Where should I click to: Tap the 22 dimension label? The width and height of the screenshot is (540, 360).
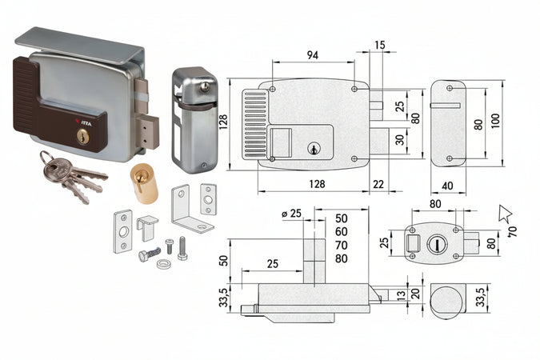[x=378, y=185]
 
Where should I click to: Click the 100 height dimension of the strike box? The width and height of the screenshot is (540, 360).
[x=497, y=119]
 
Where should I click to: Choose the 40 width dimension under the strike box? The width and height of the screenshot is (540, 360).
[x=447, y=186]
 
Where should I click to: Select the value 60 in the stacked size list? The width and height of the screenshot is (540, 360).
[x=342, y=231]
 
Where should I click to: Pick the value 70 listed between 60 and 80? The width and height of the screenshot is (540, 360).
[x=342, y=245]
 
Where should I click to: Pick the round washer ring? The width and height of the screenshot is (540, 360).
[x=163, y=264]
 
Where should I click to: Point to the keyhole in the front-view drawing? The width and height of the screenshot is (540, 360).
[x=314, y=149]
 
